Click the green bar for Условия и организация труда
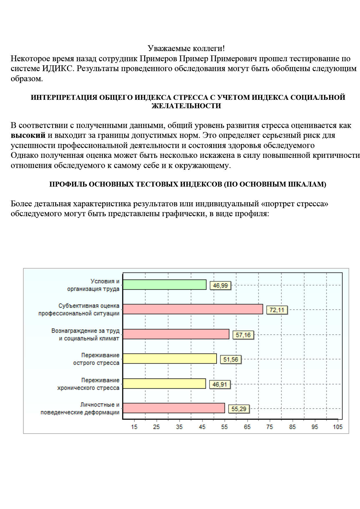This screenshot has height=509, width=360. (x=165, y=285)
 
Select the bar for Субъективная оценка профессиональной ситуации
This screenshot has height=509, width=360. (x=193, y=309)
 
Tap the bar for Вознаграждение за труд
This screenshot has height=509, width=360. (x=176, y=334)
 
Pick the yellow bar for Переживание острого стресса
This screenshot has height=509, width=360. (x=170, y=359)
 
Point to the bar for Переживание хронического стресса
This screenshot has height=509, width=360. (x=164, y=384)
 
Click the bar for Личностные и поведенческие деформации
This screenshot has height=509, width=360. (x=174, y=408)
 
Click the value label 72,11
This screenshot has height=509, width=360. (x=277, y=310)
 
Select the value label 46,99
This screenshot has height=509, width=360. (x=220, y=286)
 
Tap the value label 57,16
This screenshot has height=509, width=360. (x=243, y=335)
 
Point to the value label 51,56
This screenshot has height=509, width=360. (x=231, y=360)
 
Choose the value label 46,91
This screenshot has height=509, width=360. (x=220, y=385)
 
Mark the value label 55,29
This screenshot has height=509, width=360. (x=239, y=409)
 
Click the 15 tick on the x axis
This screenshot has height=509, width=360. (x=134, y=427)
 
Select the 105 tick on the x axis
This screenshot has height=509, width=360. (x=338, y=427)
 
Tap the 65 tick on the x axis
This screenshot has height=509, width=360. (x=247, y=427)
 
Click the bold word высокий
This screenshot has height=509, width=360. (x=28, y=135)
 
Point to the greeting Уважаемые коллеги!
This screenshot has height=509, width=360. (x=186, y=48)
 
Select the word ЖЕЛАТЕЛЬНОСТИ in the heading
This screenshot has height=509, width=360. (x=186, y=106)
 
